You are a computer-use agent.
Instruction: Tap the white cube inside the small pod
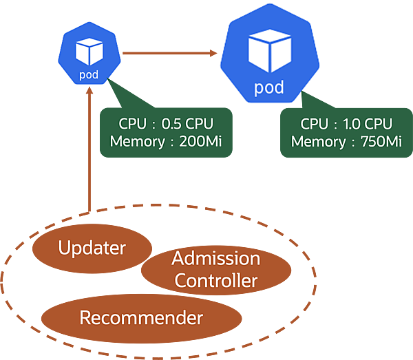point(89,50)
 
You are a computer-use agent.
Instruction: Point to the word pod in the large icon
point(269,88)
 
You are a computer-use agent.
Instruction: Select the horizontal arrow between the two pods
point(165,52)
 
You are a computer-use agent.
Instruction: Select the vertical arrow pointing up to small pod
point(89,151)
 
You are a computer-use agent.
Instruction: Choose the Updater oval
point(92,248)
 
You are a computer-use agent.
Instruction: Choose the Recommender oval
point(141,318)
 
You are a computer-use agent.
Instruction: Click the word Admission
point(216,259)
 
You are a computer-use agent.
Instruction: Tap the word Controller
point(216,281)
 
